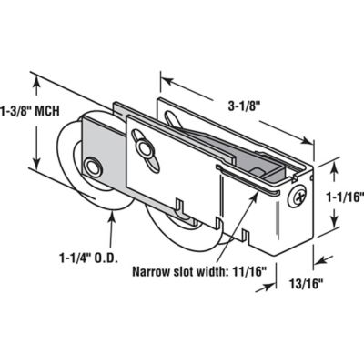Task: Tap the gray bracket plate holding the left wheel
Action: pos(98,156)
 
